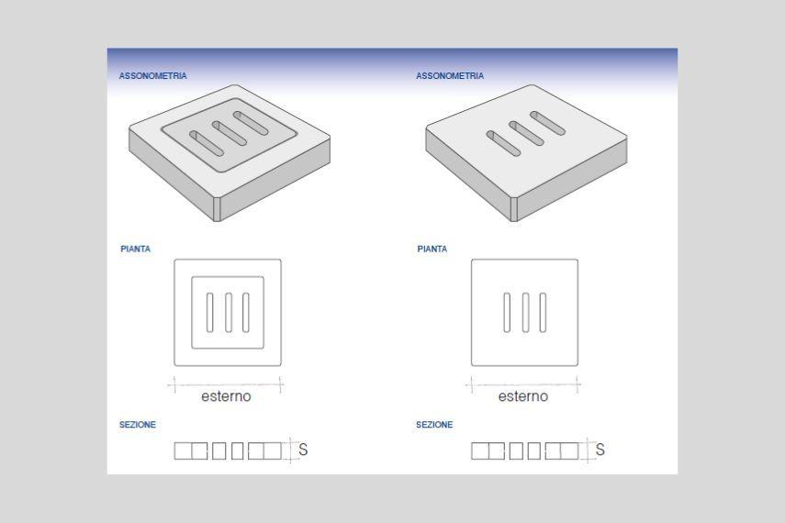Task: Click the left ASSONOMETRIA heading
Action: coord(152,75)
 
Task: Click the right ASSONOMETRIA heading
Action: coord(450,75)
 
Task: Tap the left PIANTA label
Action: coord(135,249)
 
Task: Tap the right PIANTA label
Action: coord(432,249)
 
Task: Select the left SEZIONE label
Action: coord(137,425)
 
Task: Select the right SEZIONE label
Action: coord(434,425)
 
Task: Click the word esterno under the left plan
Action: coord(226,396)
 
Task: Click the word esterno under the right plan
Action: coord(522,396)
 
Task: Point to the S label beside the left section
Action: coord(303,450)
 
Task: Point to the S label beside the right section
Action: coord(600,450)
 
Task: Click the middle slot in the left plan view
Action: coord(229,313)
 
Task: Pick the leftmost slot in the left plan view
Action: coord(209,313)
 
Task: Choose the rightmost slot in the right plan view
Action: coord(544,313)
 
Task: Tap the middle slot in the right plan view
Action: coord(525,313)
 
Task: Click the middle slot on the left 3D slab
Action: coord(230,133)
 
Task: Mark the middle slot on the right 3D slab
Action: coord(526,133)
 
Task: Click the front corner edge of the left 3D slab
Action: coord(217,210)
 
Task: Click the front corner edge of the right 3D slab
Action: coord(513,210)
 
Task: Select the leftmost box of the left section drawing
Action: coord(183,451)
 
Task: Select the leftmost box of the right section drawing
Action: coord(480,451)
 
